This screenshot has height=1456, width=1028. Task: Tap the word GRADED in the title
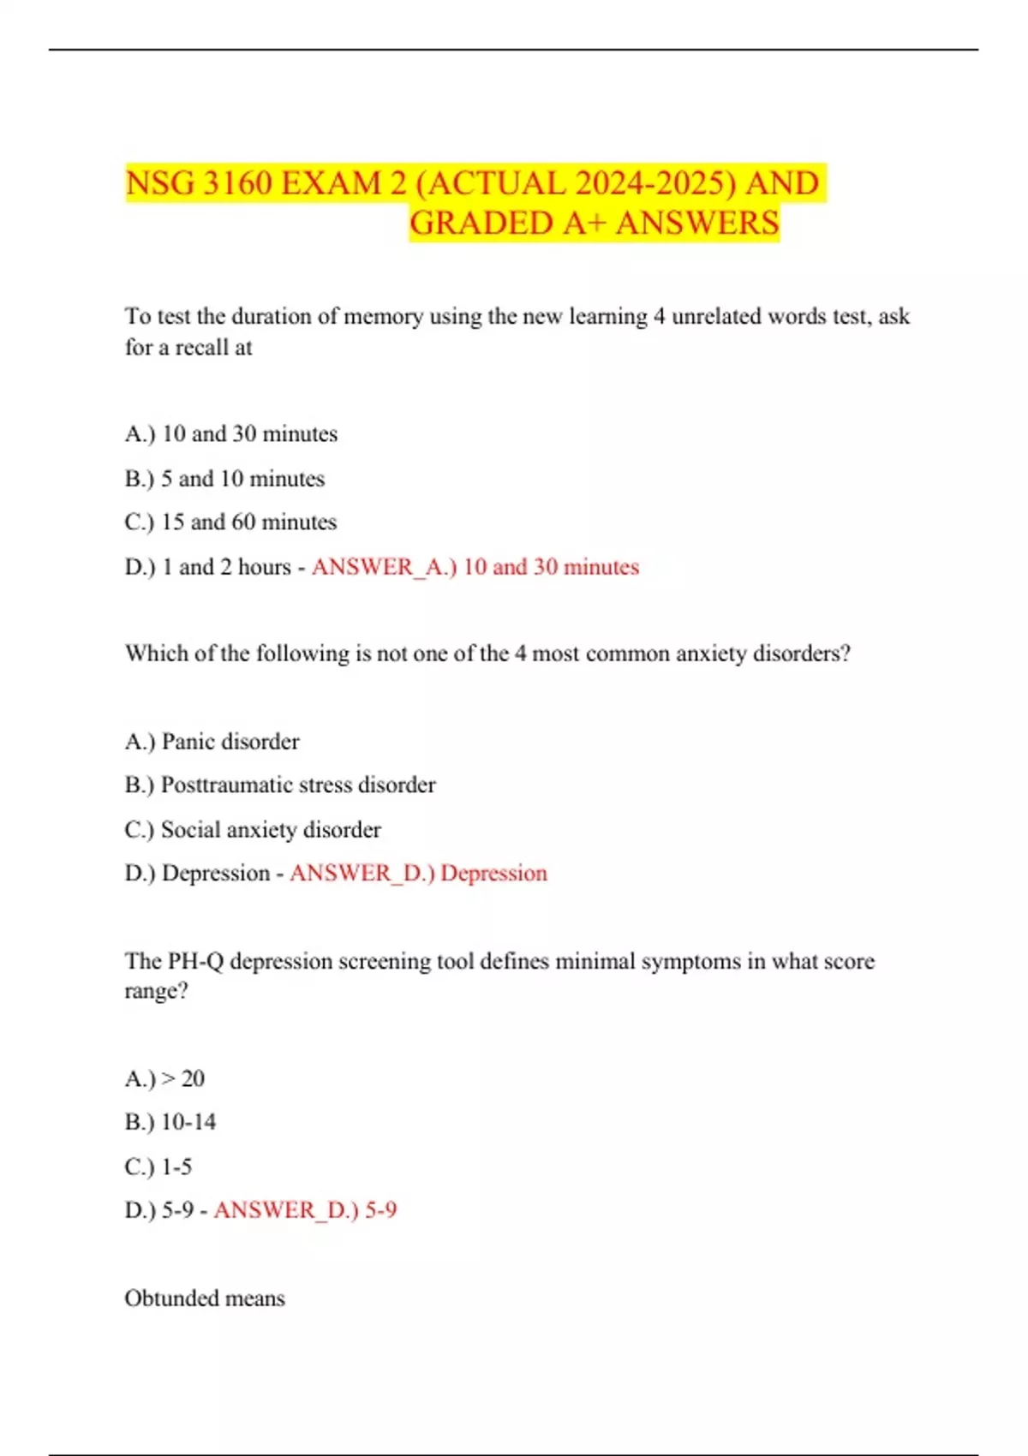[x=481, y=224]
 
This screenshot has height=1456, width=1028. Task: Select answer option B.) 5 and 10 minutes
[x=224, y=478]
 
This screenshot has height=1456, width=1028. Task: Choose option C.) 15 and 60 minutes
[x=230, y=522]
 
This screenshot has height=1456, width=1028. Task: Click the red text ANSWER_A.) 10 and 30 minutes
[x=475, y=566]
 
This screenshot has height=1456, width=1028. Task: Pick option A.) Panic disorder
[x=212, y=741]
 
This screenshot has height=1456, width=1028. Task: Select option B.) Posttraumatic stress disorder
[x=280, y=785]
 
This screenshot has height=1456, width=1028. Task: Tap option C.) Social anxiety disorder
[x=253, y=829]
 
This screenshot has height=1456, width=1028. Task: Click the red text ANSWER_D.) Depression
[x=418, y=873]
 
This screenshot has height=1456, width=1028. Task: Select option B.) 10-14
[x=170, y=1121]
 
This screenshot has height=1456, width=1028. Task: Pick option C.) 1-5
[x=158, y=1166]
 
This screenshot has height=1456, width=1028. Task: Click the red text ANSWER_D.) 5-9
[x=305, y=1209]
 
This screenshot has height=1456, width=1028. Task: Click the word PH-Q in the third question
[x=195, y=961]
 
